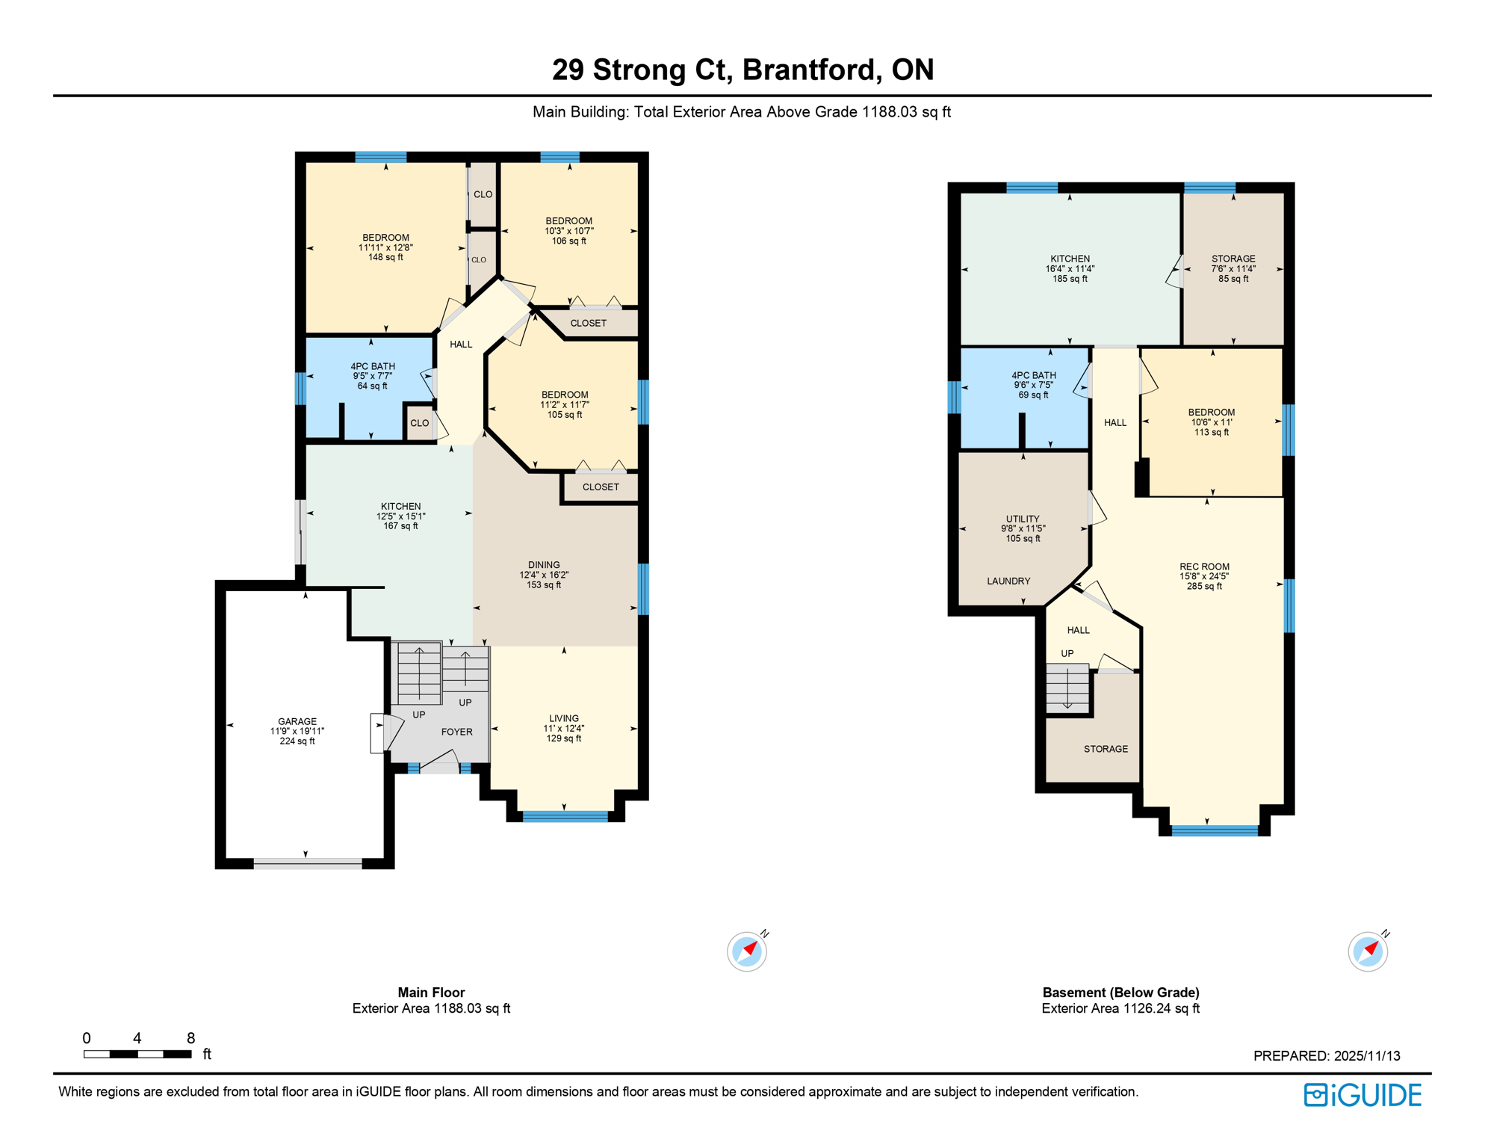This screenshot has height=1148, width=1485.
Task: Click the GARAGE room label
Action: [x=297, y=722]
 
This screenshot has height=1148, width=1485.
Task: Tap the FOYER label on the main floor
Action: [x=456, y=732]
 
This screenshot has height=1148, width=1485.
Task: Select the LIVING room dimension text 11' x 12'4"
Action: [x=564, y=729]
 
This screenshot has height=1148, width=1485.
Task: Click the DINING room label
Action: [x=544, y=566]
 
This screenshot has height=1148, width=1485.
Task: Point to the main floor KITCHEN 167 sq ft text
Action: [x=400, y=526]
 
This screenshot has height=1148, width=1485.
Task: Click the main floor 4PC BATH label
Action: [x=373, y=367]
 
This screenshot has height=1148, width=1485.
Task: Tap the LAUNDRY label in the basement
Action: [x=1008, y=581]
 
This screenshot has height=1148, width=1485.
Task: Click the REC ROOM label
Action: [x=1204, y=567]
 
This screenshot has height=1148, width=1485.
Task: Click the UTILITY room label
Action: [x=1023, y=519]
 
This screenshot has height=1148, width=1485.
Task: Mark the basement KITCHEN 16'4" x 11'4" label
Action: [x=1070, y=268]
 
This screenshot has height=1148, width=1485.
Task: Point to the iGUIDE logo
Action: [x=1362, y=1096]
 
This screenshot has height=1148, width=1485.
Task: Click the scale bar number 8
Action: [x=190, y=1038]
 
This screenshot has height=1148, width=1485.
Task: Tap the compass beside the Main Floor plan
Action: [x=746, y=952]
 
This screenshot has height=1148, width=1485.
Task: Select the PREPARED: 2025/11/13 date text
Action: [x=1327, y=1056]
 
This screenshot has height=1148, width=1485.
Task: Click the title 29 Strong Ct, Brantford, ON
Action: [x=742, y=70]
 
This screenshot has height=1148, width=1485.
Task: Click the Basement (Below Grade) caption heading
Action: [x=1120, y=993]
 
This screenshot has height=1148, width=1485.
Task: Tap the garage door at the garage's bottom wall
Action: [x=308, y=864]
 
